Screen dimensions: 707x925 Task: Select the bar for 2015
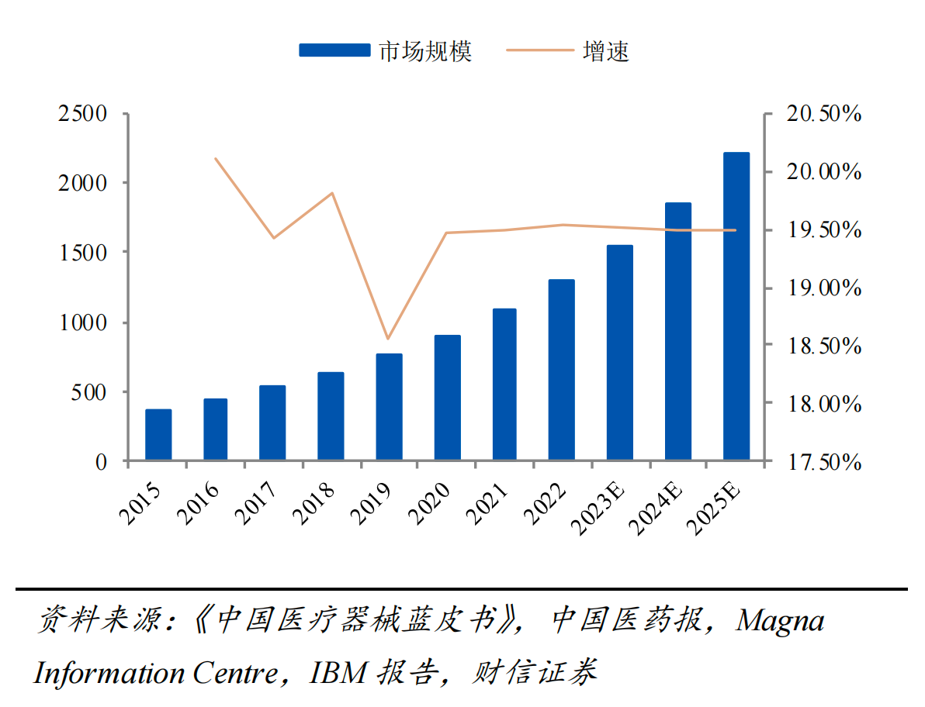[x=158, y=435]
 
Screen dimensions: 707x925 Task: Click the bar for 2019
[x=390, y=407]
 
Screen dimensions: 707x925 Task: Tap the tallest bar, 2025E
[x=736, y=306]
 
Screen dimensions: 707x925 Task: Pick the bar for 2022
[x=561, y=370]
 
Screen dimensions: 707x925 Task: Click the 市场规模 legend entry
[x=385, y=50]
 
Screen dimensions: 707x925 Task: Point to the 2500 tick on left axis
[x=82, y=113]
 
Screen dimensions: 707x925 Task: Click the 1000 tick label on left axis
[x=82, y=322]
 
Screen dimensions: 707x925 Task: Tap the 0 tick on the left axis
[x=101, y=462]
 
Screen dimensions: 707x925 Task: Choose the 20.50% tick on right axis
[x=823, y=113]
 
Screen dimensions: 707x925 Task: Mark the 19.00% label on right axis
[x=823, y=288]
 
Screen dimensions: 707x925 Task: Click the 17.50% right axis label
[x=823, y=462]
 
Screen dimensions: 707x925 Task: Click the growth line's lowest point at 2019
[x=388, y=339]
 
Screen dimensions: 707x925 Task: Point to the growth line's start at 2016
[x=216, y=159]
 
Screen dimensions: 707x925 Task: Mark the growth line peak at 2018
[x=332, y=193]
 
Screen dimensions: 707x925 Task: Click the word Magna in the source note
[x=779, y=620]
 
